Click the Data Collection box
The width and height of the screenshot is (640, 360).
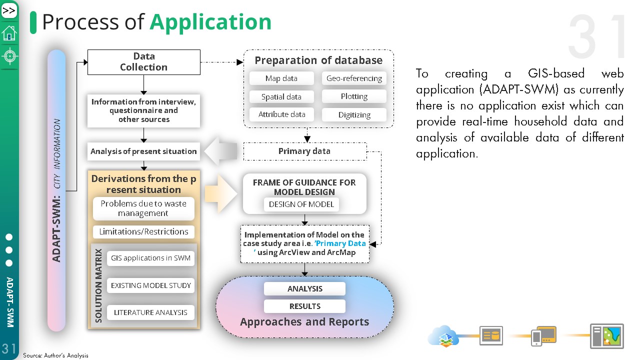point(143,62)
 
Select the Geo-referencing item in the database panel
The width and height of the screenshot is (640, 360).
point(354,78)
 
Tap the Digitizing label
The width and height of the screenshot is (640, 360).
point(354,114)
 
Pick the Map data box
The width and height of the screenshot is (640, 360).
point(281,78)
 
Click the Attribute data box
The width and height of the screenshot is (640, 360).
point(281,114)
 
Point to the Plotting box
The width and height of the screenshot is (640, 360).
point(354,96)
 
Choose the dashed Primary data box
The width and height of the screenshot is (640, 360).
point(304,151)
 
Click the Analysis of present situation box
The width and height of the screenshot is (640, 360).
point(143,151)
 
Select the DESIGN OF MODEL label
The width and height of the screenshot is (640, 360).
point(301,204)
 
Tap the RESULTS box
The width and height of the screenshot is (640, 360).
point(304,306)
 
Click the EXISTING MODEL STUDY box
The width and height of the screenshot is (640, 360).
point(151,285)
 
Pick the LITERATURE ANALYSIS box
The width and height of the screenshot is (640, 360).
point(150,312)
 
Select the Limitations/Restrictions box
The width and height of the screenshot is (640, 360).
point(143,231)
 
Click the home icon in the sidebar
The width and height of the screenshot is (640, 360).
point(9,33)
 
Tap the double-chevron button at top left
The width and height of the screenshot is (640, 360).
point(9,10)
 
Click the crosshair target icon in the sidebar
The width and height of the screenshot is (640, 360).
point(9,56)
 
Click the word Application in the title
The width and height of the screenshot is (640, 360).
point(210,22)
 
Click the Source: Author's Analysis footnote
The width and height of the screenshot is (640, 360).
point(55,355)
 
